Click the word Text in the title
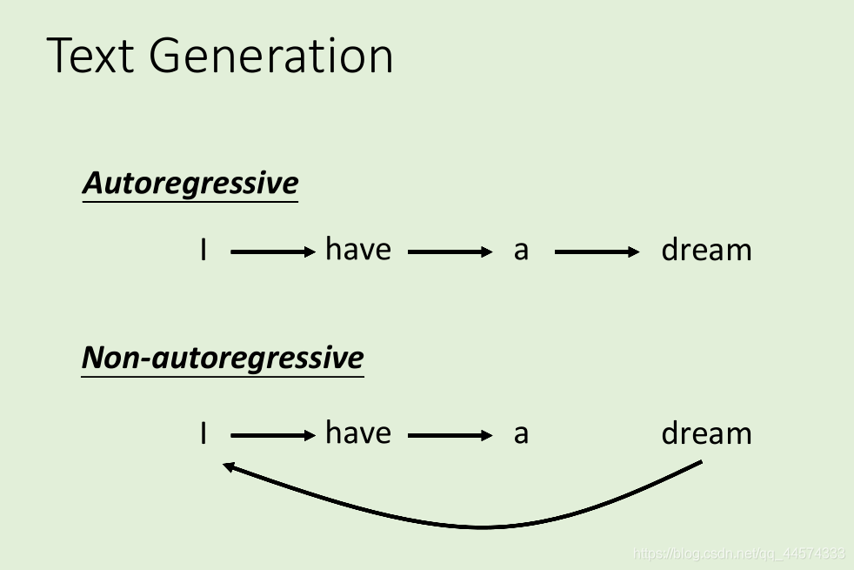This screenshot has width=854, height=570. coord(89,56)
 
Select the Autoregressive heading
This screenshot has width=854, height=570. coord(190,184)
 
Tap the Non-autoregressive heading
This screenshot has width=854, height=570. coord(223,358)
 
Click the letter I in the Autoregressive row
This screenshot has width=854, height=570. coord(203,251)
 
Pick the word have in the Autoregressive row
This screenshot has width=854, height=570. coord(358,250)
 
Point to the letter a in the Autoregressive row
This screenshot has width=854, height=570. coord(521,251)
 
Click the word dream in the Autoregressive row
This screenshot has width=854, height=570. coord(706,251)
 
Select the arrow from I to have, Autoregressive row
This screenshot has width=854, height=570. coord(273,252)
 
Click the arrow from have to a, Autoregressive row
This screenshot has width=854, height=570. coord(450,252)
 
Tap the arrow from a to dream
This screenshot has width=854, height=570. coord(597,252)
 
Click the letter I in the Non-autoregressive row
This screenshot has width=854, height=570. coord(203,433)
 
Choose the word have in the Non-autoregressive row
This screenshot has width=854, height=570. coord(358,433)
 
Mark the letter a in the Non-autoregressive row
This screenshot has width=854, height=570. coord(521,434)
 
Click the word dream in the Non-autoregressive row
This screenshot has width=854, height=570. coord(706,433)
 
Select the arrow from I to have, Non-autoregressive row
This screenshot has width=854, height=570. coord(273,435)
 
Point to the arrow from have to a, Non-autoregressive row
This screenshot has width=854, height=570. coord(450,435)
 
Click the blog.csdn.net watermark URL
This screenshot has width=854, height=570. coord(738,553)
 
